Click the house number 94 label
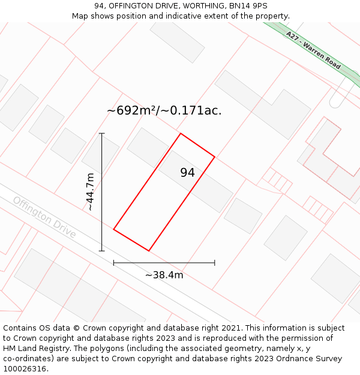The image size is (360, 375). pyautogui.click(x=187, y=173)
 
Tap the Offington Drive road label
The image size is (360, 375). pyautogui.click(x=44, y=217)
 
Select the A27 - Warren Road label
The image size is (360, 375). pyautogui.click(x=313, y=50)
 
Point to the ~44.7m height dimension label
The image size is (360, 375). pyautogui.click(x=90, y=192)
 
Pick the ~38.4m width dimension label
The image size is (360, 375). pyautogui.click(x=164, y=275)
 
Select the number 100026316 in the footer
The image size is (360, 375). pyautogui.click(x=24, y=369)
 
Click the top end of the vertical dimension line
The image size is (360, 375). pyautogui.click(x=102, y=133)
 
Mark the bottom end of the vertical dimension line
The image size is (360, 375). pyautogui.click(x=102, y=251)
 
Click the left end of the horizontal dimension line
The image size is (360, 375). pyautogui.click(x=113, y=263)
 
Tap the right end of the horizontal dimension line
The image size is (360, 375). pyautogui.click(x=215, y=263)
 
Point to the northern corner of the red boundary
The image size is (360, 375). pyautogui.click(x=181, y=133)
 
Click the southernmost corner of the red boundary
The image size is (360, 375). pyautogui.click(x=149, y=251)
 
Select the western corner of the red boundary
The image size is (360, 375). pyautogui.click(x=113, y=229)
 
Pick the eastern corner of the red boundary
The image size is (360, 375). pyautogui.click(x=215, y=157)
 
